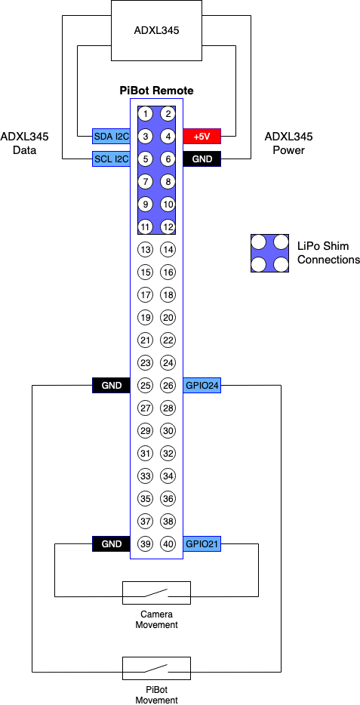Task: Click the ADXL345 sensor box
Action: click(156, 31)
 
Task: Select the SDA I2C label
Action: click(111, 136)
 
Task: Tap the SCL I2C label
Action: click(111, 159)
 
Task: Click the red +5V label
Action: click(202, 136)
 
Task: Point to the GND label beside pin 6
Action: click(202, 159)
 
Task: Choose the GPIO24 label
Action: click(202, 385)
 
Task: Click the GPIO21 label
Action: click(202, 544)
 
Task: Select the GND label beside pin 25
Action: click(111, 385)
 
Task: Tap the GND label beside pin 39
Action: click(111, 544)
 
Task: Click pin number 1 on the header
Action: click(145, 113)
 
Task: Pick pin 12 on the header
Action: click(168, 226)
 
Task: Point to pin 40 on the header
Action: click(168, 544)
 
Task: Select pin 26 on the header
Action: click(168, 385)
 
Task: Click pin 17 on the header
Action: click(145, 295)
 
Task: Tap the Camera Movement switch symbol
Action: click(156, 593)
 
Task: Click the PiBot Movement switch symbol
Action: click(156, 668)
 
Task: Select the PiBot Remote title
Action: click(156, 91)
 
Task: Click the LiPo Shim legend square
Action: click(269, 253)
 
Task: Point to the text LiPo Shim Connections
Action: click(329, 253)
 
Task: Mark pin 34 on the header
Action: click(168, 476)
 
